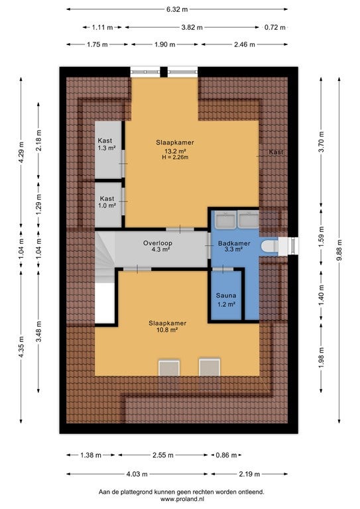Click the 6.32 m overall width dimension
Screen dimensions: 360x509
pos(177,9)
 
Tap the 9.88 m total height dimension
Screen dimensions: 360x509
pos(339,250)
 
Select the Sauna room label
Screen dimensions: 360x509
pos(226,296)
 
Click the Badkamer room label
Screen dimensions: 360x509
pos(234,243)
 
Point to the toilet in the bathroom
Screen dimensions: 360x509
pos(270,246)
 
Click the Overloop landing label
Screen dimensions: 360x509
pos(158,243)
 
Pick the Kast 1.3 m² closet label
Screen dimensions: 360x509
pos(107,144)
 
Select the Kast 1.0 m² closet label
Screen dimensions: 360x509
pos(107,202)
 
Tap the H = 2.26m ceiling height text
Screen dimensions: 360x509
pos(175,157)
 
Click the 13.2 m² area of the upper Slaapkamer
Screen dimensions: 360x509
pos(175,151)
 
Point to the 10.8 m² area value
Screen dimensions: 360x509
pos(167,330)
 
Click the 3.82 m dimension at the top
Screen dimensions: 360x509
pos(192,28)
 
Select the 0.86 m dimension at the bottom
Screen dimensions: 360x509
pos(226,455)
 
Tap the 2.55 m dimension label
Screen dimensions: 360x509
pos(163,455)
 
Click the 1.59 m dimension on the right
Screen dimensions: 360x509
pos(322,241)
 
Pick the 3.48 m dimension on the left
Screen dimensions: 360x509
pos(38,332)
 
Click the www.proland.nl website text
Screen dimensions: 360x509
pos(182,499)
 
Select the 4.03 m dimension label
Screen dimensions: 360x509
pos(137,475)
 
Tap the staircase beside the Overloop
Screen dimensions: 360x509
pos(105,256)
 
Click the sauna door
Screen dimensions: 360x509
pos(223,269)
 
